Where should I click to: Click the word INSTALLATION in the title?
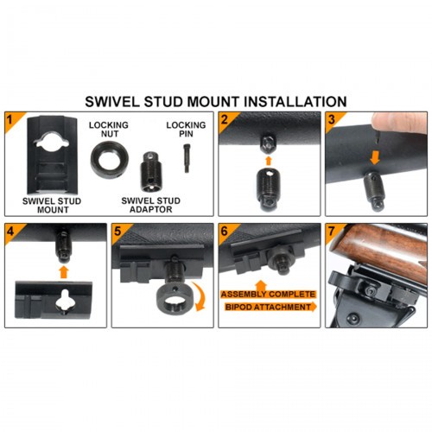coord(295,102)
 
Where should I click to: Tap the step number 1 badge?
coord(11,120)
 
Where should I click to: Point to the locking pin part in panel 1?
coord(187,158)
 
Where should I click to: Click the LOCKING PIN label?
coord(186,130)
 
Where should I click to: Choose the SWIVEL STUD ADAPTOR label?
coord(150,205)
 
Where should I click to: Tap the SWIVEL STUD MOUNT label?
coord(52,205)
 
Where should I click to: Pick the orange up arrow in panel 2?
coord(268,161)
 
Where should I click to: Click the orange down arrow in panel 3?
coord(375,158)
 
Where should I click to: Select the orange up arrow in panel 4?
coord(64,272)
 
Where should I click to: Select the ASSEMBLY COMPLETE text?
coord(268,294)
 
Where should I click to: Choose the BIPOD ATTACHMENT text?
coord(268,307)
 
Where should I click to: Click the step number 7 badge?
coord(332,231)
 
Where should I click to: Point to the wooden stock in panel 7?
coord(382,249)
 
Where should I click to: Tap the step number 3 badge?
coord(332,120)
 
